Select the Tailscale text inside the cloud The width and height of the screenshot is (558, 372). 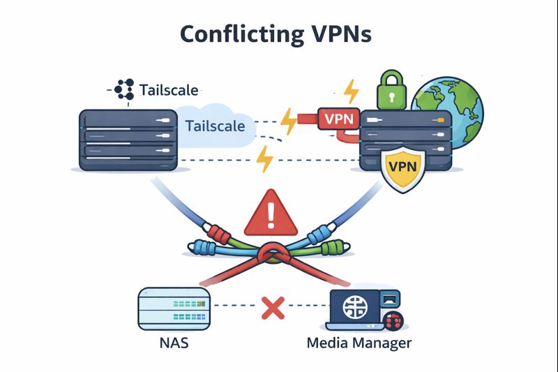coord(216,126)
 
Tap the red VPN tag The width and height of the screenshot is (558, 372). coord(338,119)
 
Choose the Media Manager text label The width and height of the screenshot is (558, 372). coord(359,344)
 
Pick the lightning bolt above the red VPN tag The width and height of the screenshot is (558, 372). coord(352,91)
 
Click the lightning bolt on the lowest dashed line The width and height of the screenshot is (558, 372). coord(265,160)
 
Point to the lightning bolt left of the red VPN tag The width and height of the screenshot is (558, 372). coord(288,121)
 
